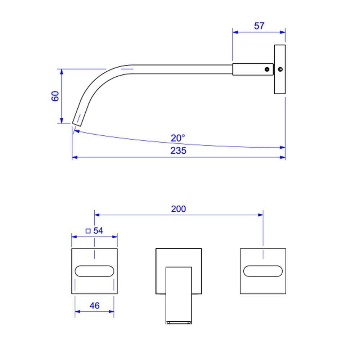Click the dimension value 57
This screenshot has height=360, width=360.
point(259,26)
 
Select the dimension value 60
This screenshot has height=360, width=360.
point(55,96)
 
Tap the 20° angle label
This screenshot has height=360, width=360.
point(178,138)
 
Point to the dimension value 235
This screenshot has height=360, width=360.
point(178,150)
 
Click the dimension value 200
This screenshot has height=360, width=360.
point(179,209)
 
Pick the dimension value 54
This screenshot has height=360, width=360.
point(98,230)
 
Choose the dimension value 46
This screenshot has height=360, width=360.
point(95,306)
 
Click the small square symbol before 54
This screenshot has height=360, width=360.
point(88,231)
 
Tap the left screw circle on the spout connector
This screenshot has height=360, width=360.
point(267,69)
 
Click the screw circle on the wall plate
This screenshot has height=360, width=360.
point(280,69)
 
